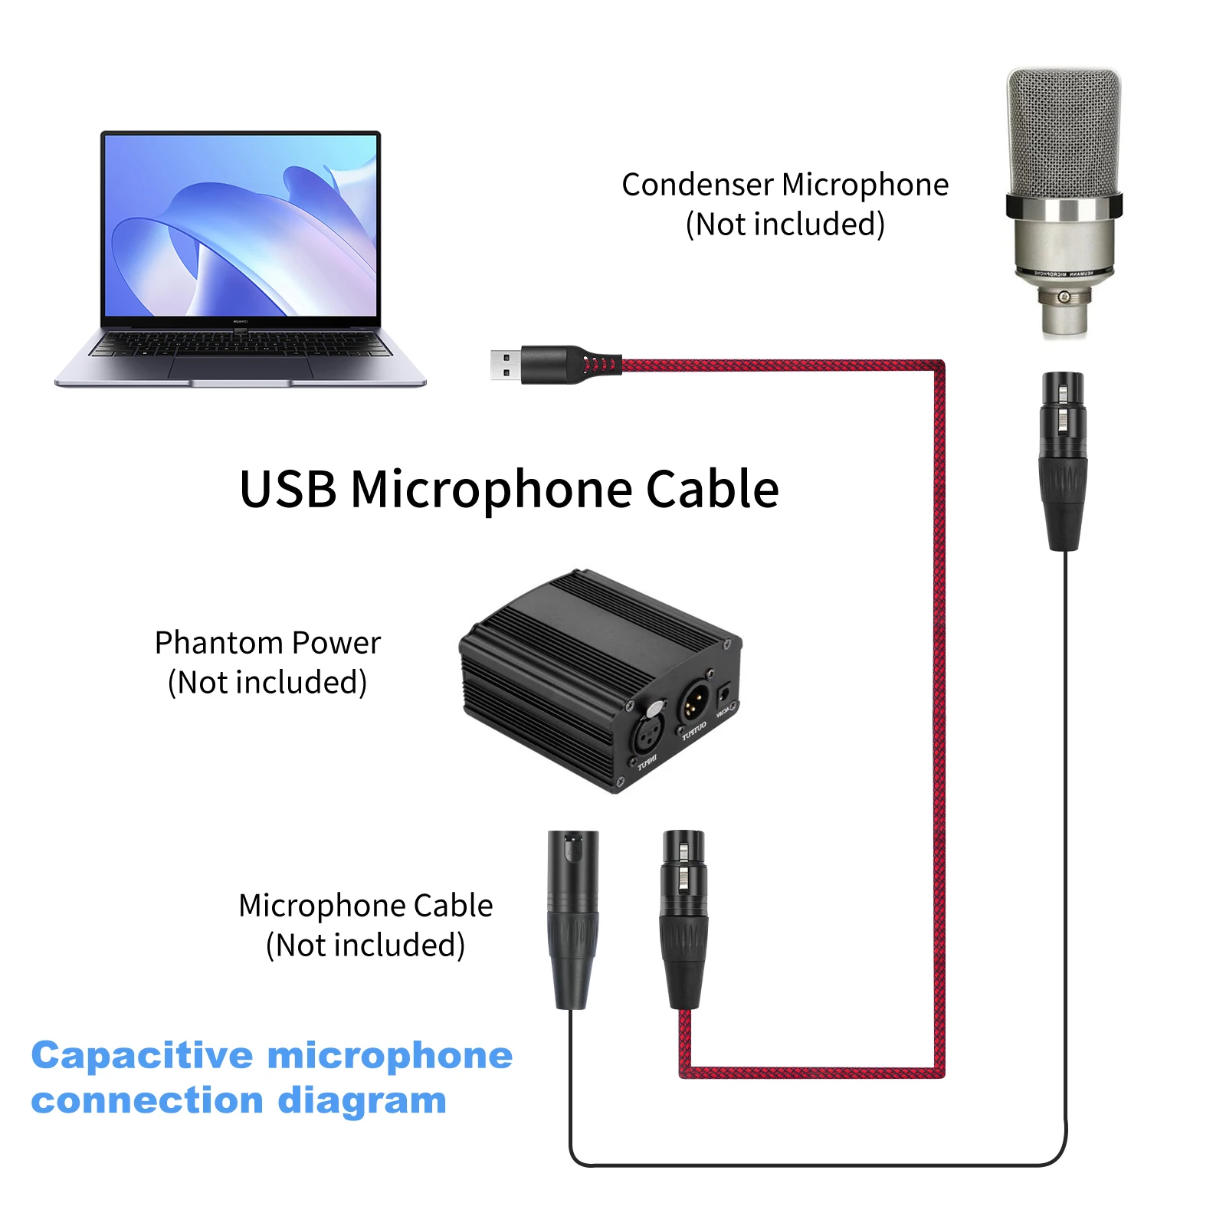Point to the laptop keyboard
241,344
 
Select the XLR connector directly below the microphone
1063,460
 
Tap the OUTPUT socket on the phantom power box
693,700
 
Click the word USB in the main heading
288,490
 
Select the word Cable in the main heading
713,490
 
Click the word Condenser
697,185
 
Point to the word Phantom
218,643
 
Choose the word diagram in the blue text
362,1100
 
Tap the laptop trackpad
240,367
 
